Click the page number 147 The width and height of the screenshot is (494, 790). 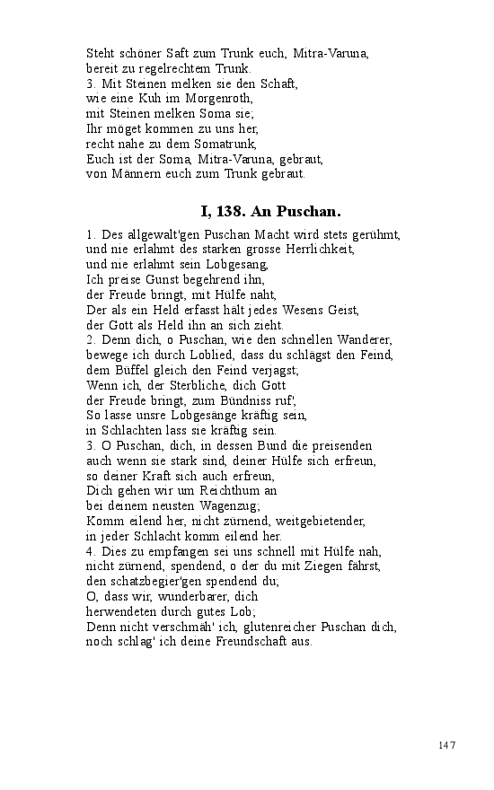447,745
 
